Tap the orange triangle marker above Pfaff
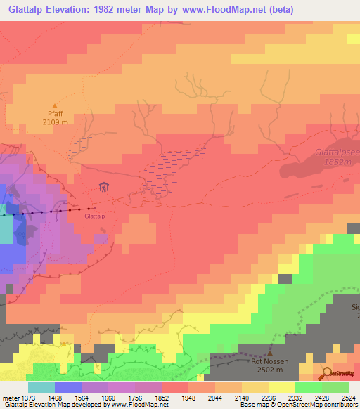[54, 105]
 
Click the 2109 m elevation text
[55, 122]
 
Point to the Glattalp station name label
[94, 216]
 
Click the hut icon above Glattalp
[104, 187]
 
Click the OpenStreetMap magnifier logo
[328, 373]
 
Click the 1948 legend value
[188, 397]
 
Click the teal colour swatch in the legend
[41, 387]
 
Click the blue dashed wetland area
[169, 172]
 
